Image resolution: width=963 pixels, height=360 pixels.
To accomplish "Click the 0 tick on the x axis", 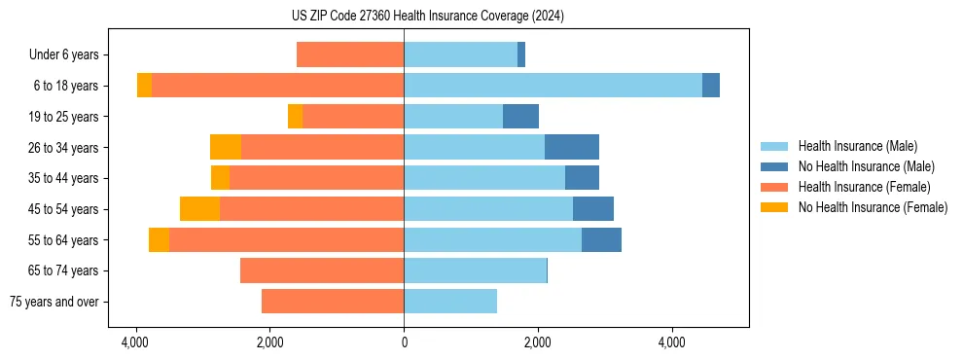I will pyautogui.click(x=404, y=342).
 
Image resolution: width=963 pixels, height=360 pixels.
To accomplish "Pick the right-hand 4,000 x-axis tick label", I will pyautogui.click(x=672, y=342).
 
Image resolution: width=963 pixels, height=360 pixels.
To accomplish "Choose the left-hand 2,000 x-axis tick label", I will pyautogui.click(x=269, y=342).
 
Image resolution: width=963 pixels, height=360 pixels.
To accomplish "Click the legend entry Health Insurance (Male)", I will pyautogui.click(x=857, y=146).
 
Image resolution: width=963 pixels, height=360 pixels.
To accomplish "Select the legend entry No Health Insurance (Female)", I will pyautogui.click(x=873, y=207).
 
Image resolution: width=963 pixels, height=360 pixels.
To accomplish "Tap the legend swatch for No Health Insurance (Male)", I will pyautogui.click(x=775, y=166).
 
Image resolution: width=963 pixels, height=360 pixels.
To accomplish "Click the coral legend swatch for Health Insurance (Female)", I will pyautogui.click(x=775, y=187).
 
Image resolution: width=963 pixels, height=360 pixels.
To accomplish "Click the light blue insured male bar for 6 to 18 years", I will pyautogui.click(x=553, y=86).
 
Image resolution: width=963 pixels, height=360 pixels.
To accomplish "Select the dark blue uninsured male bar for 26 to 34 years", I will pyautogui.click(x=572, y=147).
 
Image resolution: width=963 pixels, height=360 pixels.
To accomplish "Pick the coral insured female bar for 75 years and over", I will pyautogui.click(x=333, y=302).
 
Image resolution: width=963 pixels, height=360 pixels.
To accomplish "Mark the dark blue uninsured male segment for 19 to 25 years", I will pyautogui.click(x=520, y=117).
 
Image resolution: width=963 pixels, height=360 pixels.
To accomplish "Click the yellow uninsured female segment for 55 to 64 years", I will pyautogui.click(x=159, y=239).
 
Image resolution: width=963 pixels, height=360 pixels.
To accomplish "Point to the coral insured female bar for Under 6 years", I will pyautogui.click(x=350, y=54).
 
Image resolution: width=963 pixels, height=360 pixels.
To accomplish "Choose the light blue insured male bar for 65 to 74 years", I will pyautogui.click(x=475, y=270).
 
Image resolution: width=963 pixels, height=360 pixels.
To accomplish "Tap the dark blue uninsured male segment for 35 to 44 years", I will pyautogui.click(x=582, y=178).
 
